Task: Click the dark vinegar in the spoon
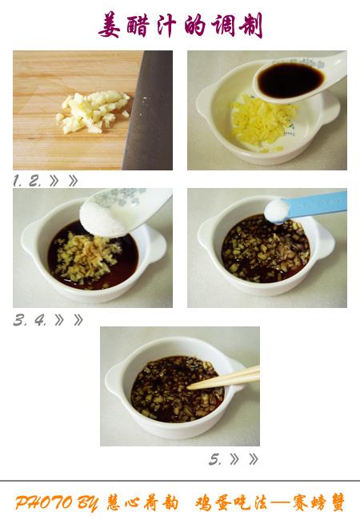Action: pyautogui.click(x=290, y=80)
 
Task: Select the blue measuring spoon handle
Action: pyautogui.click(x=318, y=203)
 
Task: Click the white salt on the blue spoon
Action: pyautogui.click(x=277, y=210)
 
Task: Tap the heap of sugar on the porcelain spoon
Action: pyautogui.click(x=103, y=218)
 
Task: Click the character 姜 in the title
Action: pyautogui.click(x=110, y=25)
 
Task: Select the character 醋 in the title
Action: pyautogui.click(x=137, y=26)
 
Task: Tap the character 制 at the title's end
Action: pyautogui.click(x=250, y=26)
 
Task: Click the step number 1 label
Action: pyautogui.click(x=17, y=181)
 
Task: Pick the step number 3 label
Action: pyautogui.click(x=19, y=320)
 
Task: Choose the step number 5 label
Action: pyautogui.click(x=215, y=459)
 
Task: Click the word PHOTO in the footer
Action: pyautogui.click(x=44, y=502)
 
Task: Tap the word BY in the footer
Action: pyautogui.click(x=87, y=503)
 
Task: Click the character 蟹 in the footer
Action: pyautogui.click(x=334, y=502)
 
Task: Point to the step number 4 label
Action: pyautogui.click(x=40, y=320)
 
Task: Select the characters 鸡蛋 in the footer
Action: pyautogui.click(x=213, y=502)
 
